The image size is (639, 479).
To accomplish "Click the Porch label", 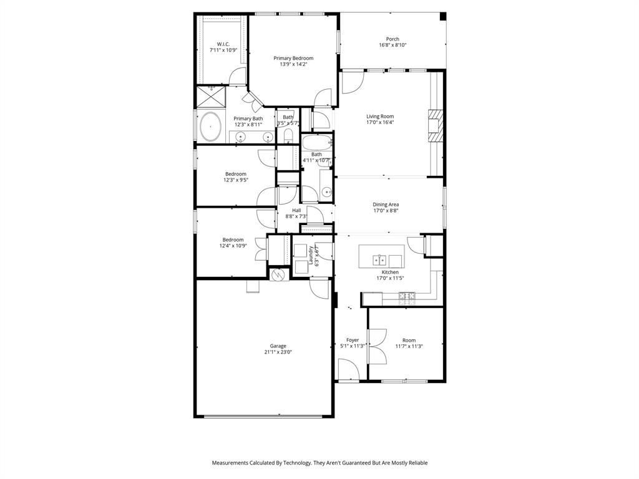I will click(393, 39).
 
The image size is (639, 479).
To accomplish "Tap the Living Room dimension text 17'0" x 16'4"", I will click(380, 123).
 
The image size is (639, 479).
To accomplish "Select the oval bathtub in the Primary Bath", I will click(210, 127).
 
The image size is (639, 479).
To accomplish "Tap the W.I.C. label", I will click(223, 44).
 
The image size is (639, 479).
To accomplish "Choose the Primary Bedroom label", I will click(293, 58).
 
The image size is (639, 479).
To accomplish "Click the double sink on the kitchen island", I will click(382, 259).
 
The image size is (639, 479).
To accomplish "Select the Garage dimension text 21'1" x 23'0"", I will click(278, 352).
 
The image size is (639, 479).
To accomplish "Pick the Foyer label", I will click(353, 340).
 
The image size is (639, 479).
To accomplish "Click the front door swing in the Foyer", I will click(348, 371).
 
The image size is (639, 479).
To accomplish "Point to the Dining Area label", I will click(386, 205).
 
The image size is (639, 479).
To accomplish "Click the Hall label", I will click(296, 210).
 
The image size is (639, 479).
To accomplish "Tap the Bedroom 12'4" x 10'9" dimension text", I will click(233, 246).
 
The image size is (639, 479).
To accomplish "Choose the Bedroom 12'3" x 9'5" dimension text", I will click(236, 180).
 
